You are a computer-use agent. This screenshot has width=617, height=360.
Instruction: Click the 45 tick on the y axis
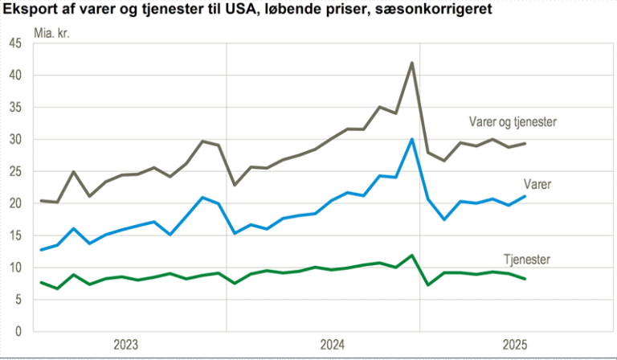point(14,43)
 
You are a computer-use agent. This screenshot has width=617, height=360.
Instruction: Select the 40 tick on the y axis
point(14,76)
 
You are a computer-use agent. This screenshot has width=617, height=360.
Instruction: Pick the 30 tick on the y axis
point(14,139)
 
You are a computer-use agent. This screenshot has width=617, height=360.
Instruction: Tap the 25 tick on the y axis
point(14,171)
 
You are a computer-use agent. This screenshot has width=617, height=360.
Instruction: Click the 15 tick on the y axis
point(14,235)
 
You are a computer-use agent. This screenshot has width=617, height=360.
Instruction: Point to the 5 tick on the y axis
point(18,299)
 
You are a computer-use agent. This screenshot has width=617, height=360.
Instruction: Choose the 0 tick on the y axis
point(18,331)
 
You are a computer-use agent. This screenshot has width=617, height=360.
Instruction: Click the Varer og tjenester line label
point(513,122)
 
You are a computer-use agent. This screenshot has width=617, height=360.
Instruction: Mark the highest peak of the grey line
point(412,63)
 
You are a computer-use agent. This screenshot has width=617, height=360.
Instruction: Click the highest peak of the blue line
point(412,139)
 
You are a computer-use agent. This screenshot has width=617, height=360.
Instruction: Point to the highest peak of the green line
point(412,256)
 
